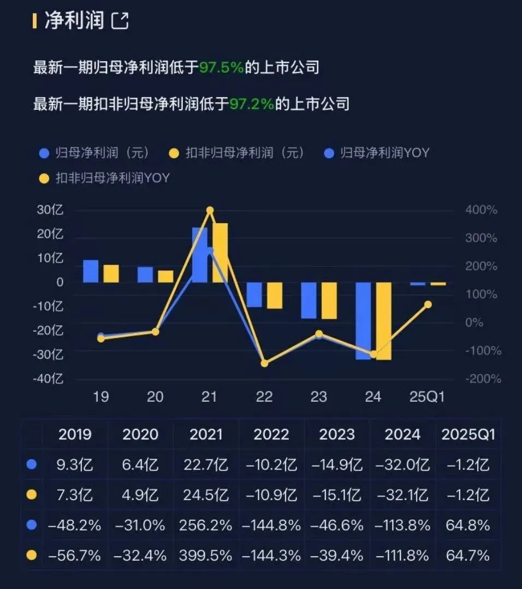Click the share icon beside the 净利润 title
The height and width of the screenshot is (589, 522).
tap(120, 21)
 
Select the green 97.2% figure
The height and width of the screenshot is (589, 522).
tap(251, 104)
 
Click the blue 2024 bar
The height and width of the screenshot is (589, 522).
tap(363, 320)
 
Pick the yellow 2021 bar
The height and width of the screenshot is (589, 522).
tap(220, 252)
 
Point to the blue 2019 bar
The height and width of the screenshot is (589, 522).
tap(91, 271)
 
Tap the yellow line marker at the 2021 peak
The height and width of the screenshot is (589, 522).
tap(210, 211)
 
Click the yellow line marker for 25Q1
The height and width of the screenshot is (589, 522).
tap(428, 304)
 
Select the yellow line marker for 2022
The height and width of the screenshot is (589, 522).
tap(264, 363)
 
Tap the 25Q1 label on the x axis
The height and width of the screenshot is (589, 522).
tap(428, 397)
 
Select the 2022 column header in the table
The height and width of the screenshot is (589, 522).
tap(271, 435)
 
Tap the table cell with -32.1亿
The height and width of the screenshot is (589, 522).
tap(402, 496)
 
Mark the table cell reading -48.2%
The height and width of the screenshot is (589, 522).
tap(75, 526)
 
